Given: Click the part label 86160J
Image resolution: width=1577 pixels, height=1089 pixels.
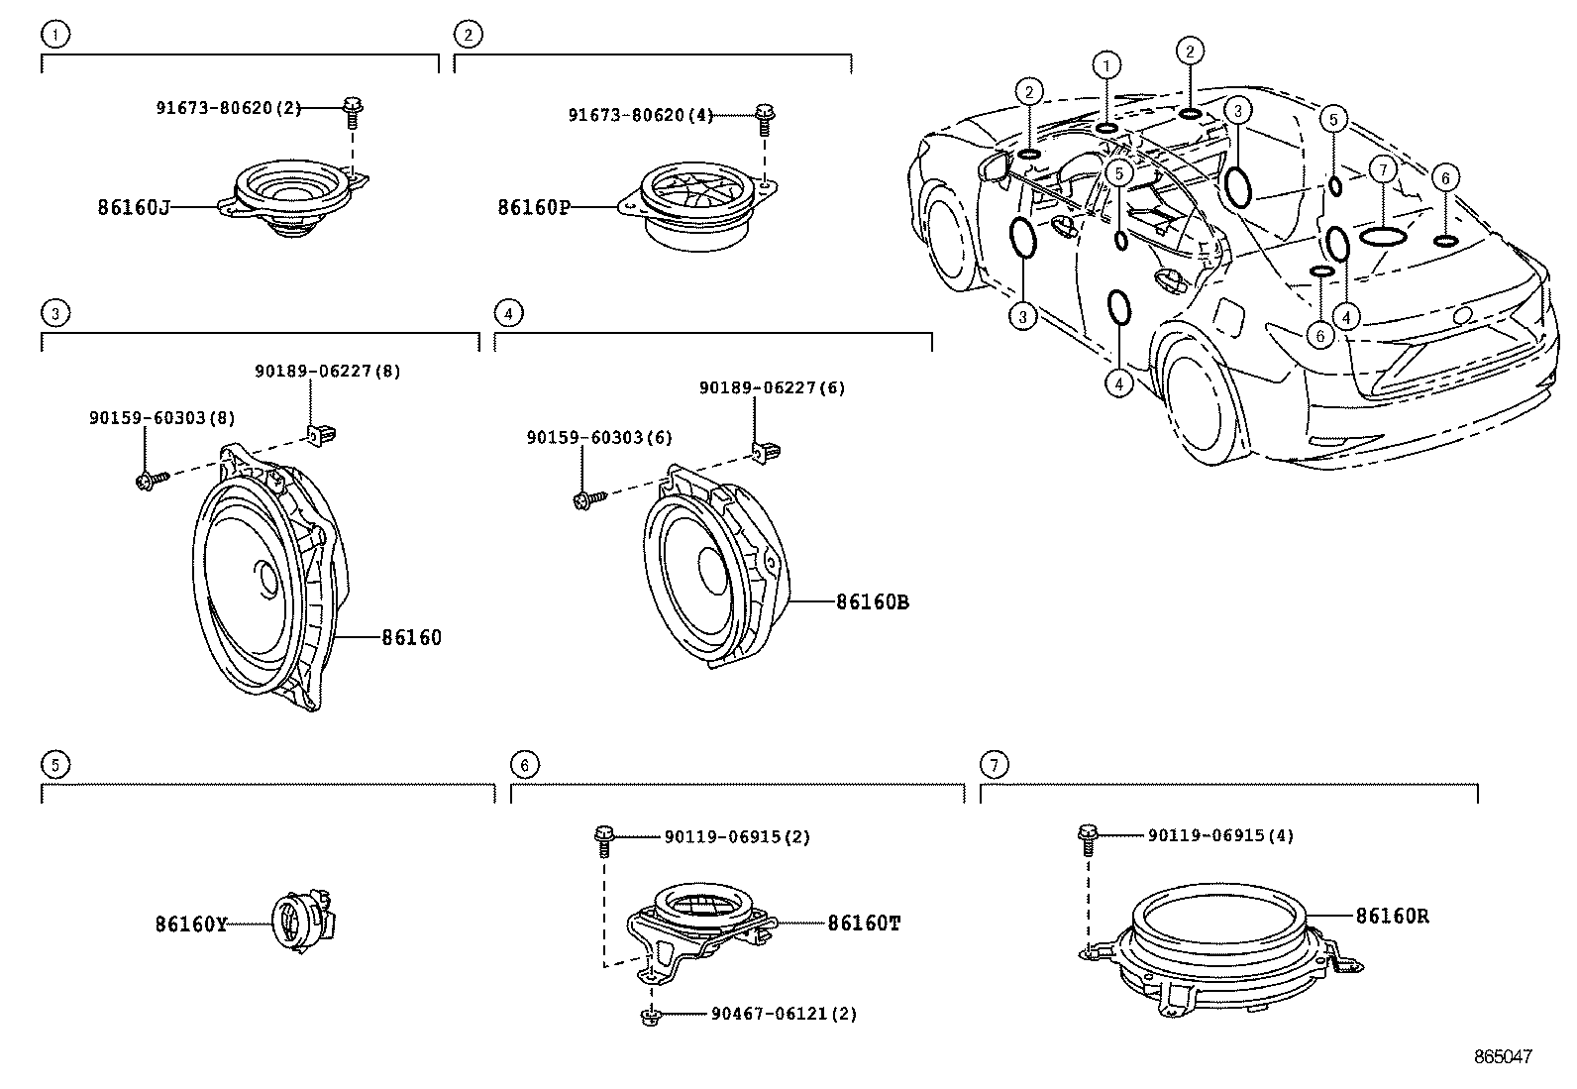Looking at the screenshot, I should (x=134, y=207).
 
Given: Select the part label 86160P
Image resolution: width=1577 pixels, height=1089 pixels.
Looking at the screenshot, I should (x=534, y=207).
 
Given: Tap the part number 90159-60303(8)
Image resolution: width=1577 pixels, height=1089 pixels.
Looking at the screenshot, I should (x=162, y=418).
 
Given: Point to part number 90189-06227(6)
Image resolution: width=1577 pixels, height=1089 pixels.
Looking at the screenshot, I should (x=773, y=388).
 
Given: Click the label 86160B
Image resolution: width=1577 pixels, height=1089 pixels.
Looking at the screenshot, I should (x=872, y=601).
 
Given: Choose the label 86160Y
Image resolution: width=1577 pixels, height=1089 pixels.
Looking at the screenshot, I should (x=191, y=925).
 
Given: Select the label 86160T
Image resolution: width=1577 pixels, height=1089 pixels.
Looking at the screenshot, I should (x=864, y=923).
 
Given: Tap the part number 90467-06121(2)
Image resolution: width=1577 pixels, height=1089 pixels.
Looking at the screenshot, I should (x=785, y=1014).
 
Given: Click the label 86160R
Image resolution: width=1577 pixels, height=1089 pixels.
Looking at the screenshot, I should (x=1392, y=917).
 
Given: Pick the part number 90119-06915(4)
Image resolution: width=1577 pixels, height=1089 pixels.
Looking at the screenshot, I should (x=1220, y=835).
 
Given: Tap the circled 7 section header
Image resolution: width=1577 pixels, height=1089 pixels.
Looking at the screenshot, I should (x=993, y=764).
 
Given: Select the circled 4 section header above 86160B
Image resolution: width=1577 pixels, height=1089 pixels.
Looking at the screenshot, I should (x=507, y=313).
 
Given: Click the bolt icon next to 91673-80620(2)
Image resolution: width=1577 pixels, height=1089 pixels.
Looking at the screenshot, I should (x=352, y=111).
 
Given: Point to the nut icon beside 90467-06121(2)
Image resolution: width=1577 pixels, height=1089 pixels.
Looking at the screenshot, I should (x=650, y=1014).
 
